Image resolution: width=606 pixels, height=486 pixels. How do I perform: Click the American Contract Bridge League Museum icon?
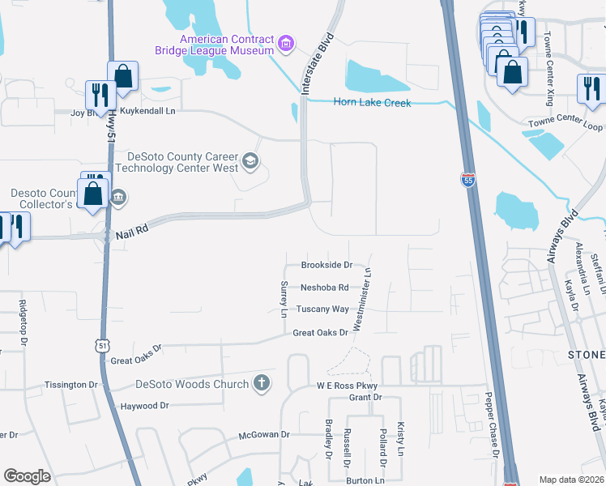[x=285, y=42]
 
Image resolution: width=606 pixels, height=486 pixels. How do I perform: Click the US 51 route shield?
[x=101, y=345]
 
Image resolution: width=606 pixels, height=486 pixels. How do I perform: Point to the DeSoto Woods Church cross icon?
[x=261, y=383]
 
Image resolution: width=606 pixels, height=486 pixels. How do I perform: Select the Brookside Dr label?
[x=326, y=265]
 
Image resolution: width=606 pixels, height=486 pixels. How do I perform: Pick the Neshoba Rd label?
[x=324, y=288]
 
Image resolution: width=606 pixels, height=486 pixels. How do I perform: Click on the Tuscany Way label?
[x=322, y=309]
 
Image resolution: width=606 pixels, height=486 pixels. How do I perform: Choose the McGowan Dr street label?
[x=263, y=435]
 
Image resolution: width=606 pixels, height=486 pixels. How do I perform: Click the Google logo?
[x=27, y=475]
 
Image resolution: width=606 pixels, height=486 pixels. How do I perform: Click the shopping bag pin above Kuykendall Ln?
[x=122, y=76]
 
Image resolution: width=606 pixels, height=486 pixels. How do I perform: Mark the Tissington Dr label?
[x=70, y=384]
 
